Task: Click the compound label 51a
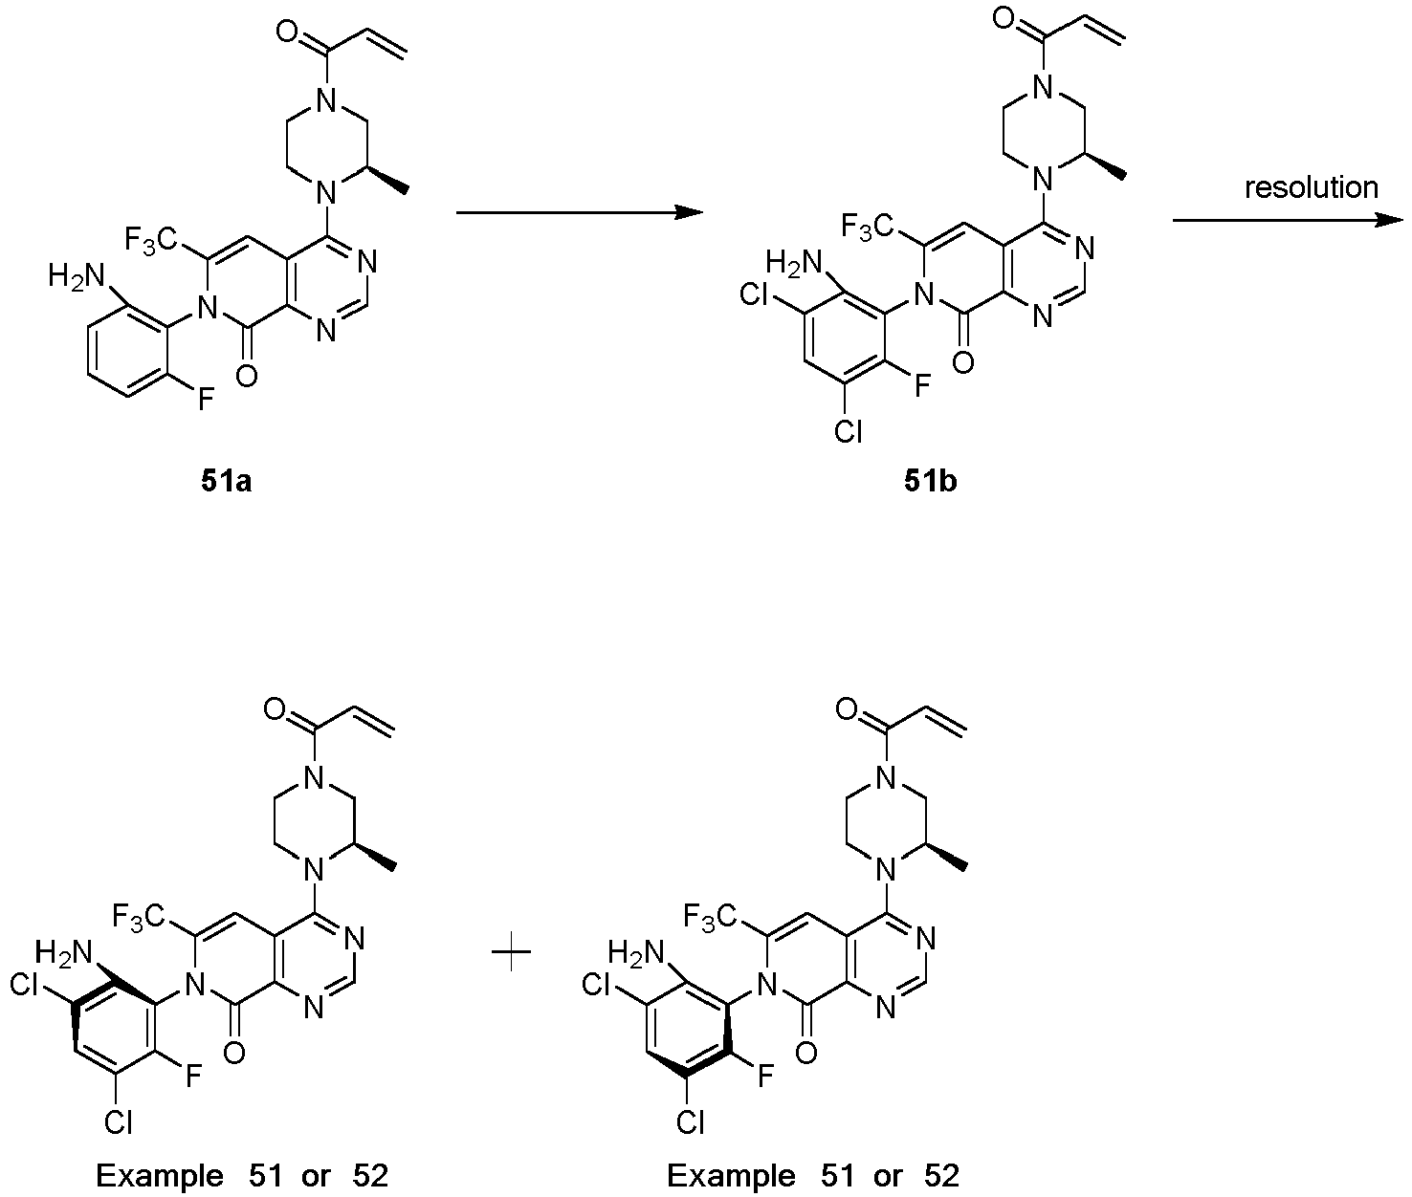226,482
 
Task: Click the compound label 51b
931,482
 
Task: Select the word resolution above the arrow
1311,187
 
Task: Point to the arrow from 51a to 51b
580,213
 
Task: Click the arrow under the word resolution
1288,220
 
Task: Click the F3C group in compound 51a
151,241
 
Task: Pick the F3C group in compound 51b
867,226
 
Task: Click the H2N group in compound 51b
793,263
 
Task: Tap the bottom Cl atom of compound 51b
848,431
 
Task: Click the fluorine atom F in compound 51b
922,383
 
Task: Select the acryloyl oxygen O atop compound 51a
288,33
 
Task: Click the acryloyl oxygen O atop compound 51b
1003,16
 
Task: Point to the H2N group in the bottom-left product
63,952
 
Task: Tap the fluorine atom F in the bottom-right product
764,1077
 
